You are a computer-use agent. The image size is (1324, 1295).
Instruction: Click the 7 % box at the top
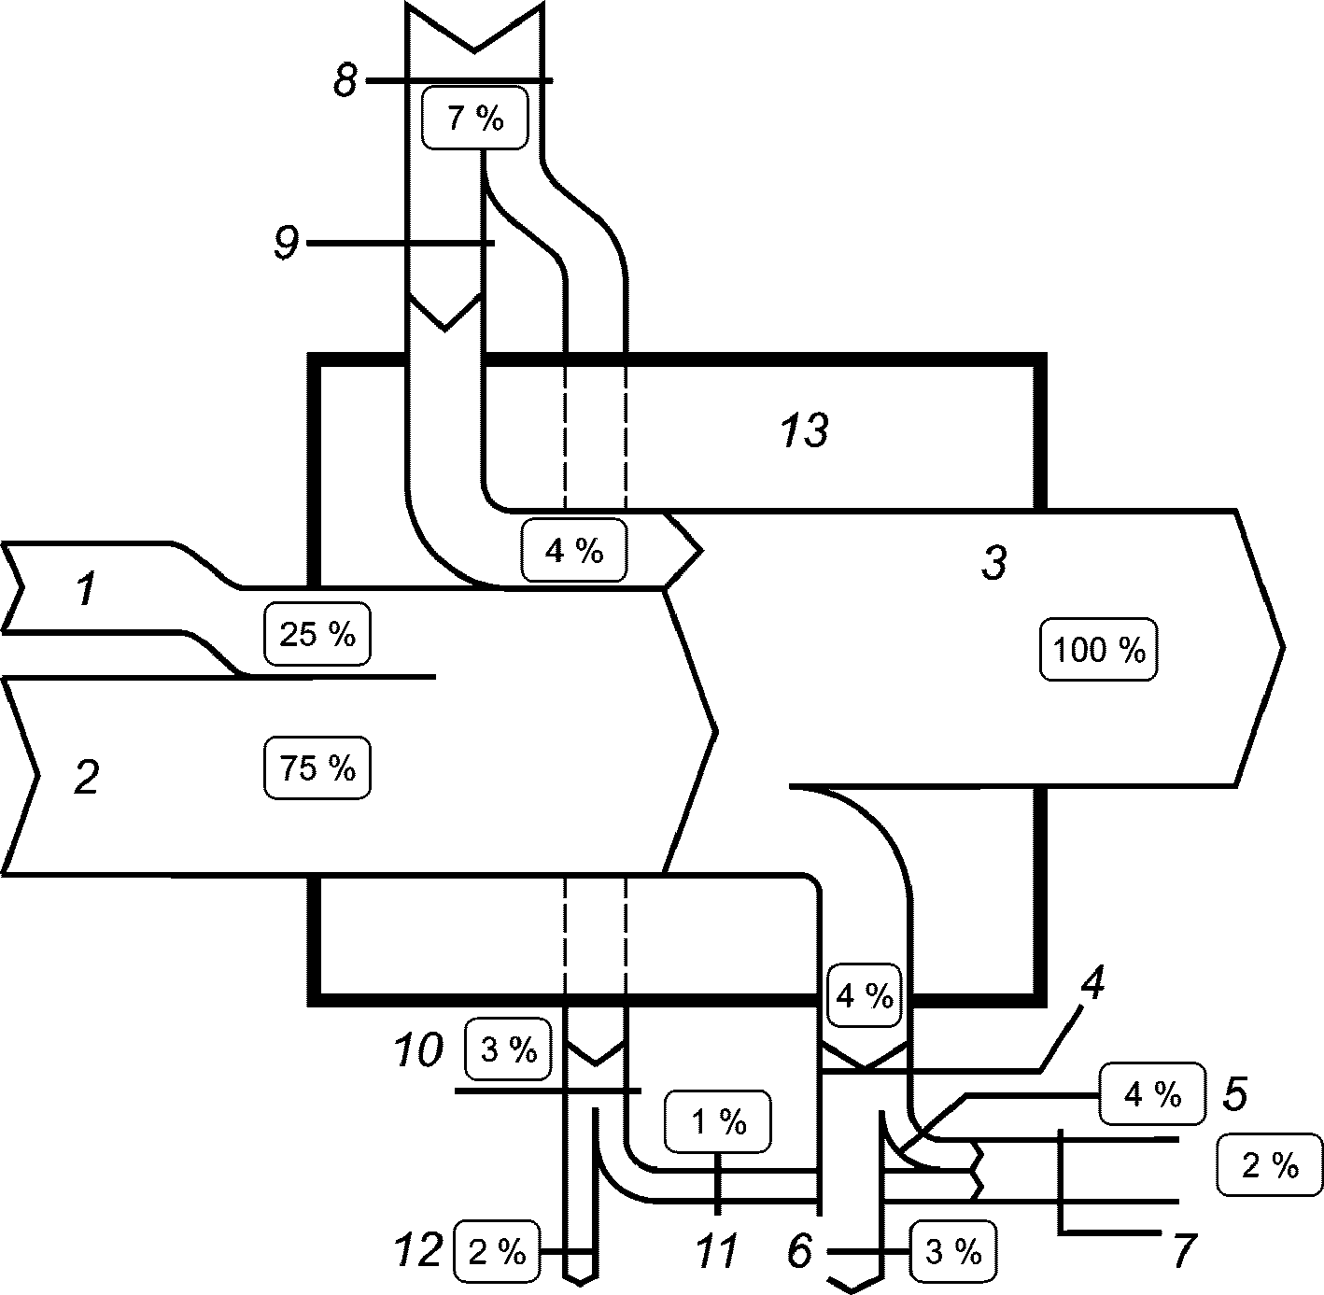coord(475,118)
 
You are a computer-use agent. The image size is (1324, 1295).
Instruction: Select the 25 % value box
coord(317,634)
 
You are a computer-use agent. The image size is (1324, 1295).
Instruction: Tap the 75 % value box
coord(317,767)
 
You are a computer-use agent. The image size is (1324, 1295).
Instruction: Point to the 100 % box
coord(1098,649)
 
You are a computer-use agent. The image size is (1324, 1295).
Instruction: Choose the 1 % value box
coord(718,1121)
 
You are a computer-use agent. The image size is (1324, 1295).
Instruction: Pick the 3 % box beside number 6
coord(954,1251)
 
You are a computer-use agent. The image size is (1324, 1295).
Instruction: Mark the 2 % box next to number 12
coord(497,1251)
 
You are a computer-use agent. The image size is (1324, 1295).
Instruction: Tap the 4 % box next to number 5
coord(1152,1093)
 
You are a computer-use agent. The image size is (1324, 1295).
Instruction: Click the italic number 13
coord(805,430)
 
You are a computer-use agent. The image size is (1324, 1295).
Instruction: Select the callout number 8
coord(345,81)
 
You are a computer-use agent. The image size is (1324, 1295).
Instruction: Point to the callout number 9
coord(287,243)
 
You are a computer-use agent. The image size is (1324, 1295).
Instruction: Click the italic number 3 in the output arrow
coord(994,562)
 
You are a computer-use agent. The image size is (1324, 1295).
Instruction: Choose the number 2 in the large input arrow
coord(87,777)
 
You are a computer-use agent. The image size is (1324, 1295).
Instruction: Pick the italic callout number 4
coord(1092,983)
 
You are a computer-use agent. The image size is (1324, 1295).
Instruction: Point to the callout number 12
coord(418,1249)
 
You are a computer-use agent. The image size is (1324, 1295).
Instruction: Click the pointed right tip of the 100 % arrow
coord(1283,647)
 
